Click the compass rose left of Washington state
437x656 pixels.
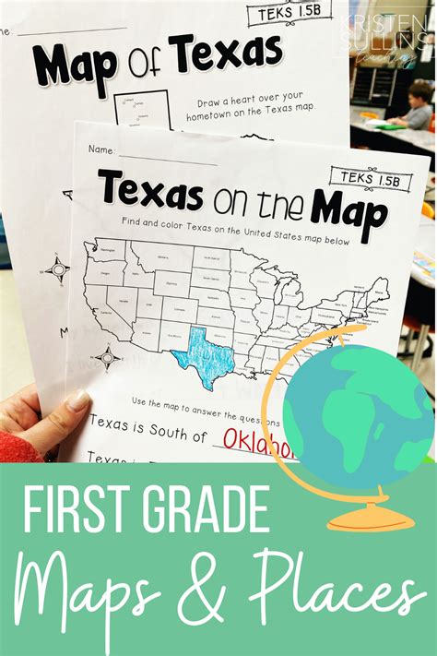(58, 270)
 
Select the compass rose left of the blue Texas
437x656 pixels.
(107, 357)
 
